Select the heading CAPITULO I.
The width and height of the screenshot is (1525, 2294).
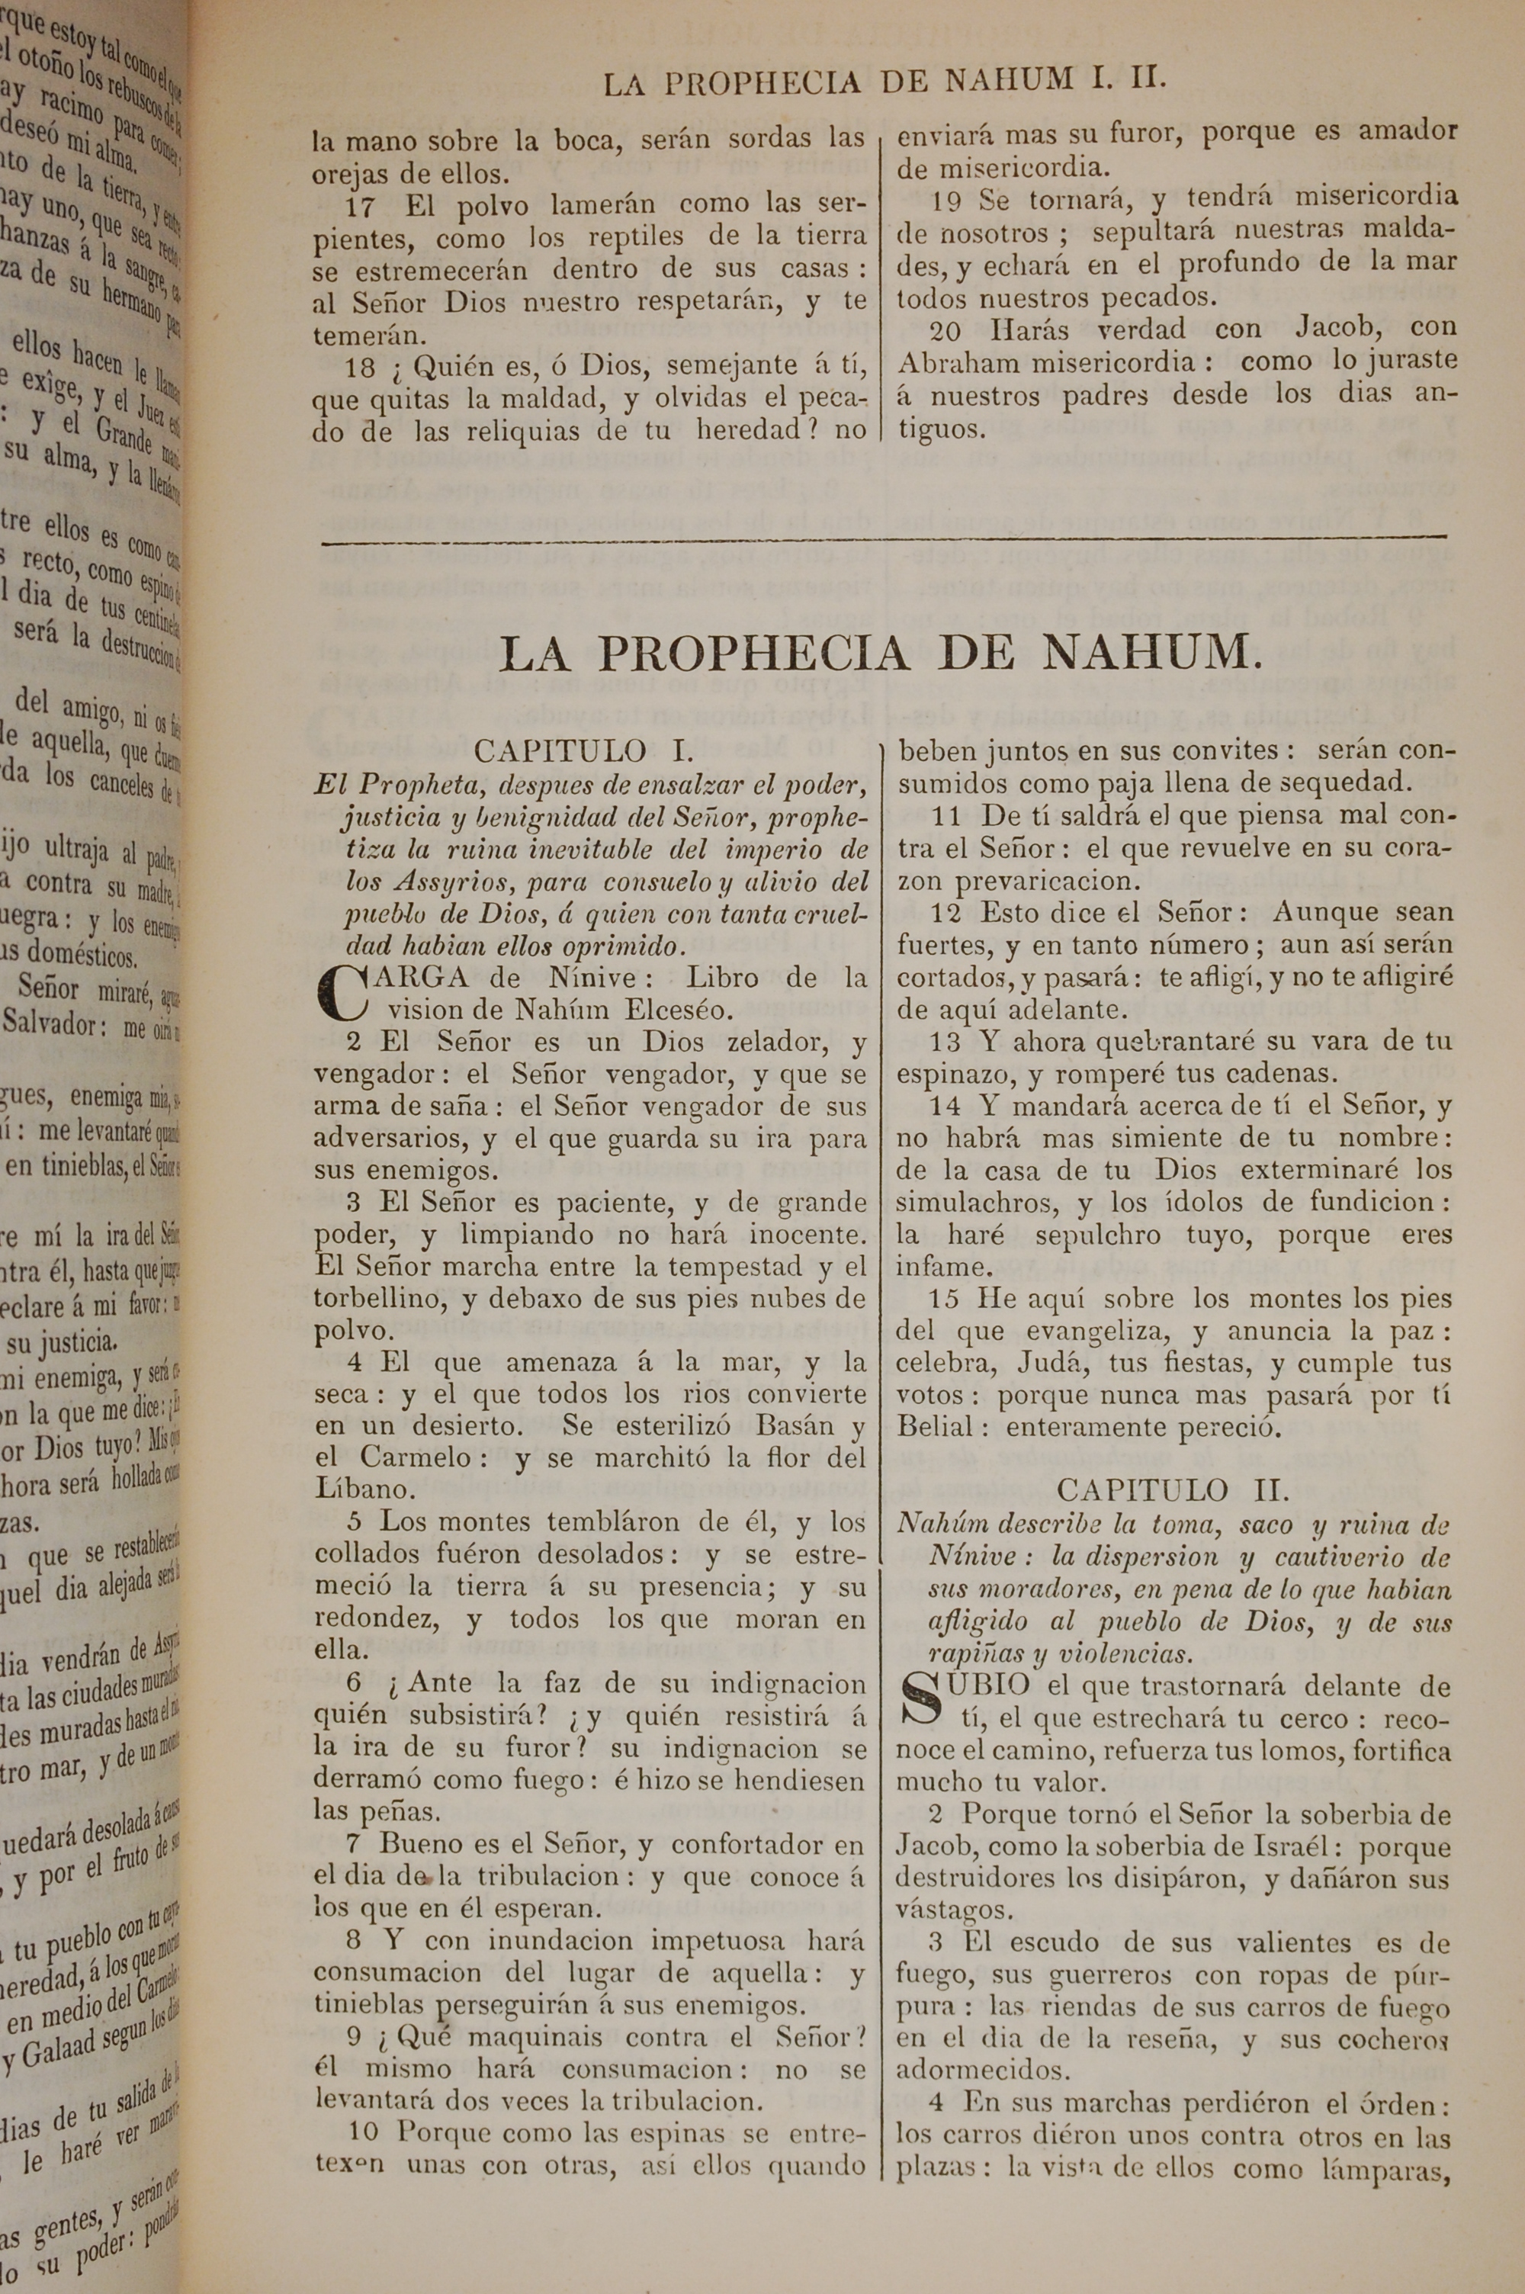pyautogui.click(x=583, y=750)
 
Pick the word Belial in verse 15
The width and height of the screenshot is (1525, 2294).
pyautogui.click(x=935, y=1427)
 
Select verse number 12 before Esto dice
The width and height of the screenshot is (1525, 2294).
pyautogui.click(x=945, y=912)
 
